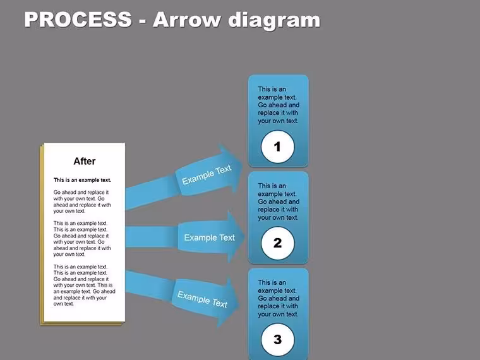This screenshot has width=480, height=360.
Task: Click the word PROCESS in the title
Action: (78, 20)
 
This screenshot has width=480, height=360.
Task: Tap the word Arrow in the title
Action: (186, 20)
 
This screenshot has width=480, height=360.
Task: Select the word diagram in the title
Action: (274, 21)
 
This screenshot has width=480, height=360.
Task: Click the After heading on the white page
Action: (85, 161)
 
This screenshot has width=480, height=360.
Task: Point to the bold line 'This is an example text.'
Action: (82, 180)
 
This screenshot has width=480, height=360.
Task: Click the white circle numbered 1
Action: (278, 147)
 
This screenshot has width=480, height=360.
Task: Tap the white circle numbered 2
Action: (278, 243)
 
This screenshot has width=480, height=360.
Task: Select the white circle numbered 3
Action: (278, 340)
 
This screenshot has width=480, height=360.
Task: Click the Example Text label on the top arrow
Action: (207, 174)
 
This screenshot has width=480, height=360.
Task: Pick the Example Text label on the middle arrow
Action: (210, 237)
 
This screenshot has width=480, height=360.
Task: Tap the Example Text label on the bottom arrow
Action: (202, 299)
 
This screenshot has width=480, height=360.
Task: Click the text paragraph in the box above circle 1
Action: (279, 105)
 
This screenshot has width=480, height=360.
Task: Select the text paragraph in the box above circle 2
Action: (279, 201)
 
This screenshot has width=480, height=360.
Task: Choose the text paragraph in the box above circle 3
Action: (279, 299)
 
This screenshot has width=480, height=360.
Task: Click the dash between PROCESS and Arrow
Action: (142, 21)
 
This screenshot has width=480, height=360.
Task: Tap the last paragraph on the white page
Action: (84, 285)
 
